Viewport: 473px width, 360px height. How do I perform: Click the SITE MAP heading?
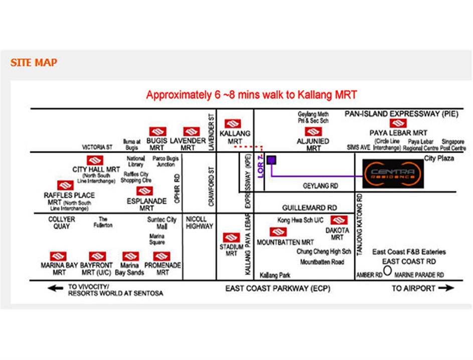point(34,63)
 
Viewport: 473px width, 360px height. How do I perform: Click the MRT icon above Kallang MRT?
point(232,124)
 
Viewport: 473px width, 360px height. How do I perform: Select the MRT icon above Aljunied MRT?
point(313,132)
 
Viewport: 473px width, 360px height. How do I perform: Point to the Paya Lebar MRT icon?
point(398,124)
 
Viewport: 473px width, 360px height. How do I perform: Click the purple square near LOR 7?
point(271,160)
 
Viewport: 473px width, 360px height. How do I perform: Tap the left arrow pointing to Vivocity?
point(55,288)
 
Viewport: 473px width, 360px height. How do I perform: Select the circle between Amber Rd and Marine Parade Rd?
point(387,270)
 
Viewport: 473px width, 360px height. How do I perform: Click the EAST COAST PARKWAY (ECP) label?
point(278,289)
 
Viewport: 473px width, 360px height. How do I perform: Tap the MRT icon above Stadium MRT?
point(231,237)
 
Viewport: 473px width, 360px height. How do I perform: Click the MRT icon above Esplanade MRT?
point(144,191)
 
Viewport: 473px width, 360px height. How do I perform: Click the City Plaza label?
point(439,159)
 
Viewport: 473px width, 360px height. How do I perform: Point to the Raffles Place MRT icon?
point(65,186)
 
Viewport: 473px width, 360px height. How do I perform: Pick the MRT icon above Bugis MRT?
point(156,132)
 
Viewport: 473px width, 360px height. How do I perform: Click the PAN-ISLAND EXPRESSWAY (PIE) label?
point(401,114)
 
